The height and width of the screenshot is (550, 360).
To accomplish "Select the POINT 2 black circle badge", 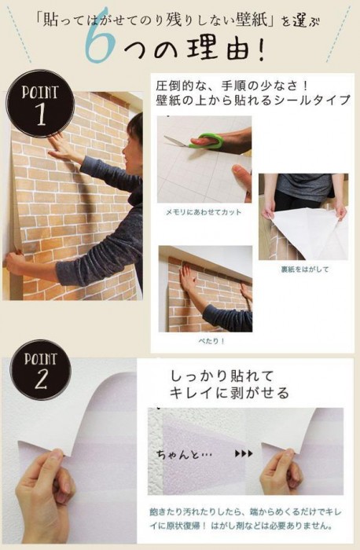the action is point(40,370).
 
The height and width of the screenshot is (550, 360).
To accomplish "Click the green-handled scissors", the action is point(197,141).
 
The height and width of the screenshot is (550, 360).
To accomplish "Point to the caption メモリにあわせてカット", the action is point(204,212).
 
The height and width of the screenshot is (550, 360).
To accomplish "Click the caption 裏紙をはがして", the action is point(304,269).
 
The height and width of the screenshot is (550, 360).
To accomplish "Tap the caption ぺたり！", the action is point(211,341).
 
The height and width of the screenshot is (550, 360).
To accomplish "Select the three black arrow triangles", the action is point(244,453).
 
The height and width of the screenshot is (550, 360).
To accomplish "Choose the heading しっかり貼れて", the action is point(222,376).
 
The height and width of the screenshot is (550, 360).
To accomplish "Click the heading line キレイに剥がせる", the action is point(230,393).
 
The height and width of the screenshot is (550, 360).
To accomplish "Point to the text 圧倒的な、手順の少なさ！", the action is point(233,85).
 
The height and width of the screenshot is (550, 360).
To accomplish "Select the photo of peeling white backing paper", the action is point(303,217).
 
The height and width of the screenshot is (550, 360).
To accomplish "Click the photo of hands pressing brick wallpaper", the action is point(205,288).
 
